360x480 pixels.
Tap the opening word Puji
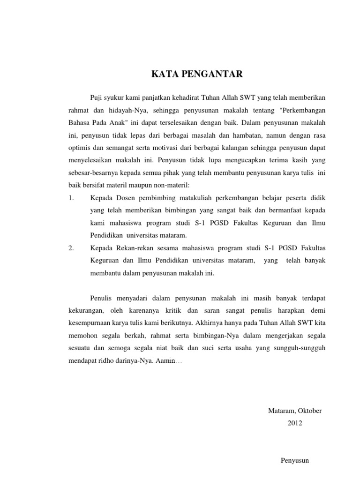(96, 97)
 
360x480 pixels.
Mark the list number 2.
(71, 248)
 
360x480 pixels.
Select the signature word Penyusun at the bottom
(295, 461)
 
